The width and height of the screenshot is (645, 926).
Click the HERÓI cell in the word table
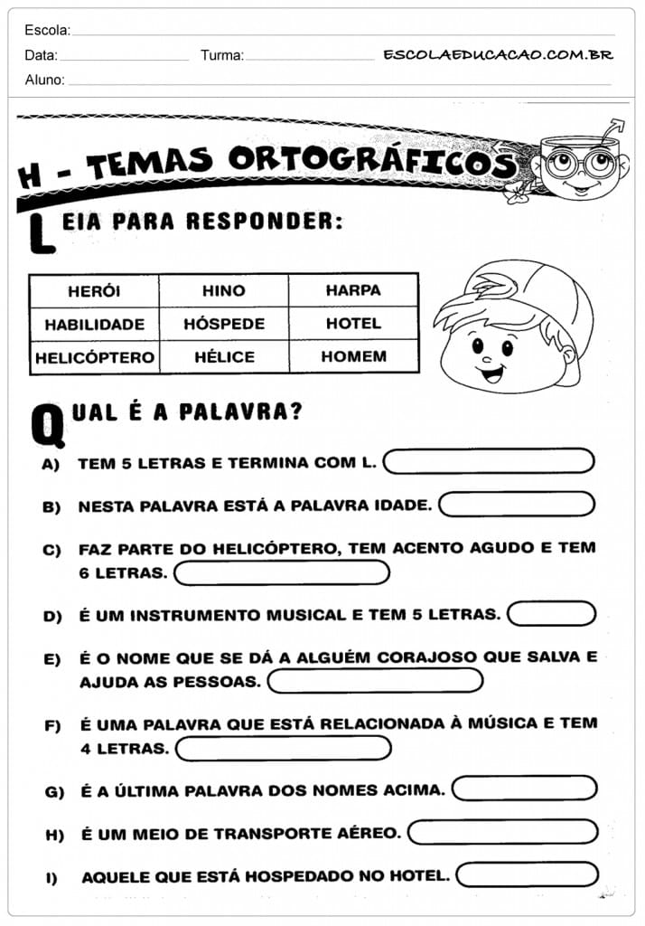click(94, 291)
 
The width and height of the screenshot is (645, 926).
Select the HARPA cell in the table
click(353, 290)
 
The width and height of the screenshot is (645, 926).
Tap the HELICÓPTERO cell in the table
click(94, 357)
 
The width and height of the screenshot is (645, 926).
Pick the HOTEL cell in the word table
click(353, 323)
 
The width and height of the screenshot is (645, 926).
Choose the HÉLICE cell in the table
click(224, 357)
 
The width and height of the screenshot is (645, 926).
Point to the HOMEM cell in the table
click(353, 356)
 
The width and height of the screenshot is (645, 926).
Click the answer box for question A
click(489, 461)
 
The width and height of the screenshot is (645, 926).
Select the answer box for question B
click(516, 504)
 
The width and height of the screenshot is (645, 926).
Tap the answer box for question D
click(551, 614)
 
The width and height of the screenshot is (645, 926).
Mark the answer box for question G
click(524, 789)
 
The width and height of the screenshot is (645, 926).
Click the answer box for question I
click(528, 874)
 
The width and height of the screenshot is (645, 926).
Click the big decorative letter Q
click(47, 425)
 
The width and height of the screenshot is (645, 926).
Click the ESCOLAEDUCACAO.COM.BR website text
click(498, 55)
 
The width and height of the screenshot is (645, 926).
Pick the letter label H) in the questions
click(54, 834)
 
